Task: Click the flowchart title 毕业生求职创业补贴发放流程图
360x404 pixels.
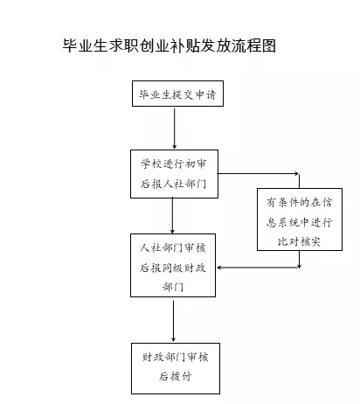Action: click(170, 45)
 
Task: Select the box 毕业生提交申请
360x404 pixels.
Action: click(177, 94)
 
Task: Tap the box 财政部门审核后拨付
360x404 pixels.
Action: click(176, 368)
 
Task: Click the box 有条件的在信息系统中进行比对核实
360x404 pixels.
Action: click(300, 219)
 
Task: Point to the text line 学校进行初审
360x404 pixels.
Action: click(174, 164)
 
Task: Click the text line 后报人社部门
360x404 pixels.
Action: click(174, 184)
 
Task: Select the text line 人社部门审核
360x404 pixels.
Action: click(173, 248)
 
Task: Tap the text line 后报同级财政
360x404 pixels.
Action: click(173, 268)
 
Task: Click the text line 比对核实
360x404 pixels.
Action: click(299, 241)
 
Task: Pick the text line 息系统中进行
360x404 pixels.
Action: click(300, 222)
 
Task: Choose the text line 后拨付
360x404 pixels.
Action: click(176, 376)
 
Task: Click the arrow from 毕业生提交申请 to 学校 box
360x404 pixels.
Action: click(175, 129)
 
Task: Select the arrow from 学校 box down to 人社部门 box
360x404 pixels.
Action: click(172, 216)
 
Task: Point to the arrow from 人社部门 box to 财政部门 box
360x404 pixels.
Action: click(173, 321)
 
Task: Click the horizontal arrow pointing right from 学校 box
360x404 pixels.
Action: click(258, 174)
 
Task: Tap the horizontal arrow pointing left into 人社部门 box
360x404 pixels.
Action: click(258, 268)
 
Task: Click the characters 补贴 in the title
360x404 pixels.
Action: click(184, 45)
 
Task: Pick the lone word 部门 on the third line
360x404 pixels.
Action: click(173, 287)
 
